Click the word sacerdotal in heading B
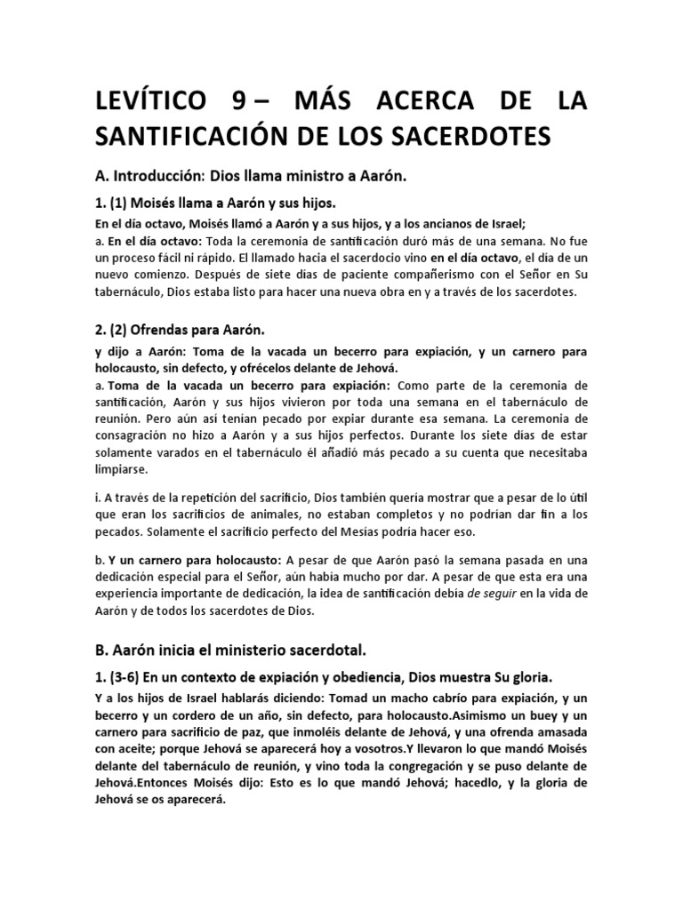pyautogui.click(x=322, y=649)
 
